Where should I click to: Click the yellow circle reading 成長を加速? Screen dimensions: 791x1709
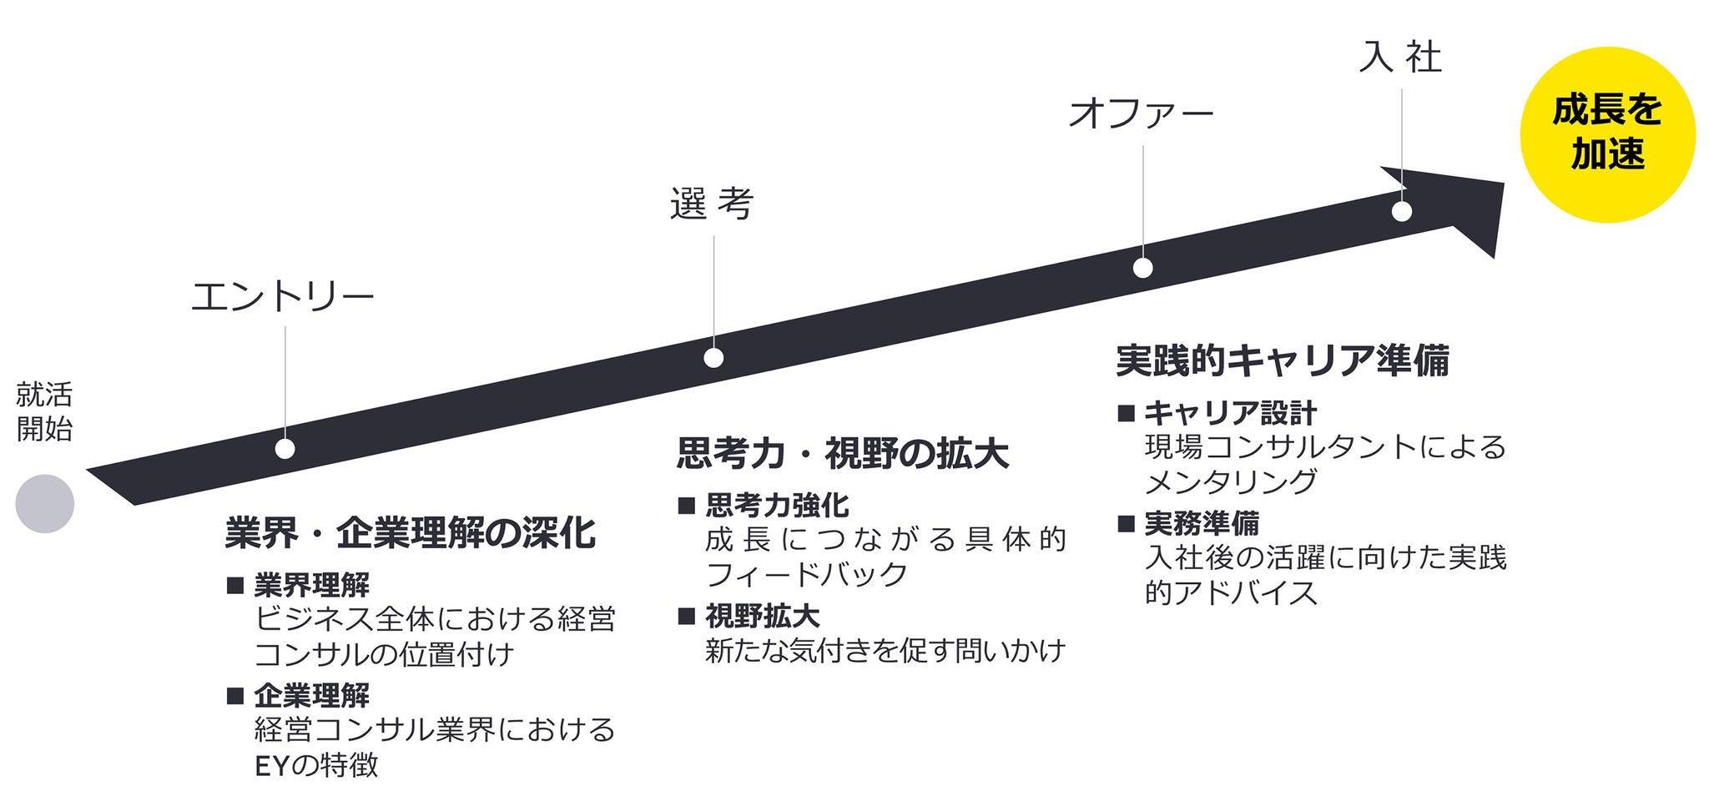[x=1607, y=134]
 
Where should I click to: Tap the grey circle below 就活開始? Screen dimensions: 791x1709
[x=45, y=504]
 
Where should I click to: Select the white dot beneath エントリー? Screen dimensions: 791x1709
[x=285, y=449]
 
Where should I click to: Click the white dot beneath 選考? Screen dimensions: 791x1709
[x=713, y=358]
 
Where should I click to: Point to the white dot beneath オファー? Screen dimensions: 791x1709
[x=1143, y=268]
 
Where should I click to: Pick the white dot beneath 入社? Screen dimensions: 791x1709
[x=1402, y=211]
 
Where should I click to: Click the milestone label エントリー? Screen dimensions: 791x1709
[x=283, y=297]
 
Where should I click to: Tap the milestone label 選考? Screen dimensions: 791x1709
[x=712, y=204]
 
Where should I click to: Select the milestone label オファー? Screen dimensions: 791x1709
[x=1141, y=113]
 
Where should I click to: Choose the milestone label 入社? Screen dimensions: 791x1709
[x=1400, y=57]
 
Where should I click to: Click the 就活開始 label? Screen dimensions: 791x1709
[x=45, y=411]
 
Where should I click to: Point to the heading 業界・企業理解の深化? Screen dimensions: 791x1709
[x=410, y=533]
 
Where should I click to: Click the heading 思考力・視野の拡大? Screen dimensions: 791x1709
[x=842, y=454]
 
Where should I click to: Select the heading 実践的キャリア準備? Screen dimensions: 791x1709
[x=1283, y=360]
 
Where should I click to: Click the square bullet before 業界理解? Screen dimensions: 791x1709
[x=234, y=585]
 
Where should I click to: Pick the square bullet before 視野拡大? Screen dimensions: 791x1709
[x=686, y=617]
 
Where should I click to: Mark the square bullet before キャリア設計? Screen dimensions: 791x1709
[x=1126, y=412]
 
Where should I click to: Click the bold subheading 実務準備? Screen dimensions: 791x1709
[x=1202, y=523]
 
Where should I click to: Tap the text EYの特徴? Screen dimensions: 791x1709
[x=316, y=764]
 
